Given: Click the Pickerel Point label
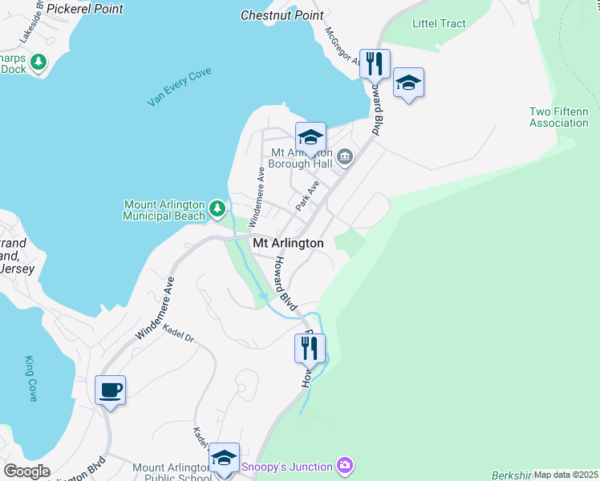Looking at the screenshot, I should point(85,9).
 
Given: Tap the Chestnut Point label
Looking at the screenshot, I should point(282,14).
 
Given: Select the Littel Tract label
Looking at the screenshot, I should point(439,23).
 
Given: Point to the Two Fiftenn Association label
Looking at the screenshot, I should point(559,117).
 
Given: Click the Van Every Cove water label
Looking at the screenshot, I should point(179,87).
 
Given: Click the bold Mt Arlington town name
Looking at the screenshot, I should point(289,243).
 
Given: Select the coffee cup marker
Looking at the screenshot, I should point(111,390).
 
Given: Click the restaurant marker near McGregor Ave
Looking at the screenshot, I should point(375,63).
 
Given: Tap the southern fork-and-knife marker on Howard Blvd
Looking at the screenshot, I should point(309,348).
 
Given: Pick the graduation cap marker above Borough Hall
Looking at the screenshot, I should point(310,136).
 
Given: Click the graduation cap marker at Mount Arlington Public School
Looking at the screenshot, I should point(224,457).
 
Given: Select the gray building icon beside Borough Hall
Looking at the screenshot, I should point(346,156).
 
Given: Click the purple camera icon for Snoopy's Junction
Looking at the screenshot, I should point(345,465).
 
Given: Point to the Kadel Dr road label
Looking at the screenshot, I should point(178,333).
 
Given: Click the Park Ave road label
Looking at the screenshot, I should point(307,196).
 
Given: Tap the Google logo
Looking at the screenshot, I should point(27,471).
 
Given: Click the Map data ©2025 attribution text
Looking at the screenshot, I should point(566,475).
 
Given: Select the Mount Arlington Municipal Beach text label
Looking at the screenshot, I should point(164,210).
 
